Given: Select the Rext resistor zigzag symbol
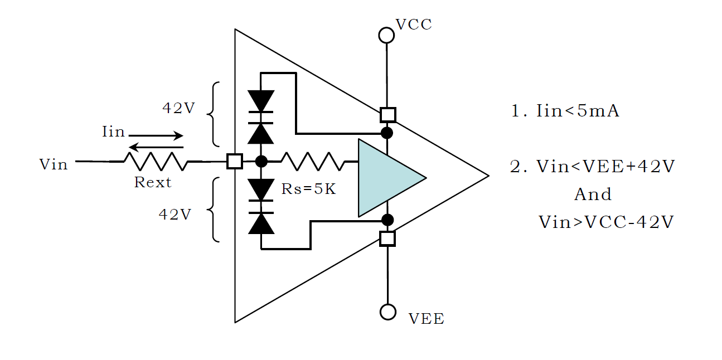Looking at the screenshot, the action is pos(156,161).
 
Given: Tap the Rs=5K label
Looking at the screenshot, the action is pos(308,189).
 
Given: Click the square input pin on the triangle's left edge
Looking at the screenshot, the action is pos(235,161).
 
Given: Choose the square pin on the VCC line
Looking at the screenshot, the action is pos(387,115).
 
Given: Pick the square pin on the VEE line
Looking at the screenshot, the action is pos(387,239).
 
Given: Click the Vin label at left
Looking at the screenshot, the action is pos(54,164).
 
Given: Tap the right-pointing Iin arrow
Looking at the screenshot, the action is pos(156,135).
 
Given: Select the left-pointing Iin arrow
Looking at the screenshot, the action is pos(156,147).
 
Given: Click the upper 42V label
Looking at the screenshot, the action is pos(179,108).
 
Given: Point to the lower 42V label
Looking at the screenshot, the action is pos(175,215).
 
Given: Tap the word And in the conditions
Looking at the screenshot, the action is pos(593,194).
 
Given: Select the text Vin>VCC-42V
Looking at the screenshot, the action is pos(606,222).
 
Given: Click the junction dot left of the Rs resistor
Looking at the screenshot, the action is pos(261,161).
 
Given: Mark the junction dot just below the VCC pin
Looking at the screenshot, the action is pos(387,133).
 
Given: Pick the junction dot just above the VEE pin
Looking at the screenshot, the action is pos(387,220).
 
